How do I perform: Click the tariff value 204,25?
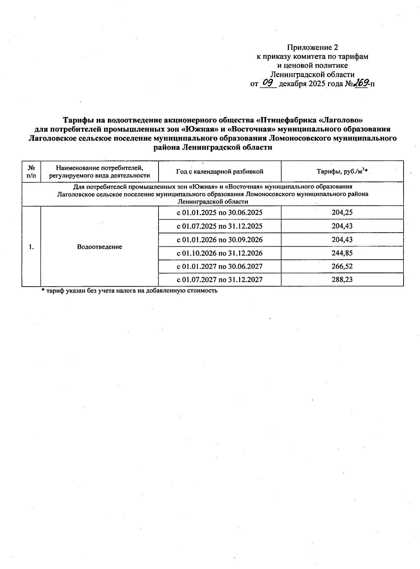tap(342, 213)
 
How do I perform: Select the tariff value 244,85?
tap(342, 253)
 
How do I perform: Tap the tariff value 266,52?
tap(342, 266)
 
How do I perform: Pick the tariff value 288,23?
tap(342, 280)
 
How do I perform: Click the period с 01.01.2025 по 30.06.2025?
tap(219, 213)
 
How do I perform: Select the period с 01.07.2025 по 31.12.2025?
tap(219, 226)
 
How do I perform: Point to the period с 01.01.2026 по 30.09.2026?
tap(219, 240)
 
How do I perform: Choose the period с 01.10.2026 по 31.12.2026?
tap(219, 253)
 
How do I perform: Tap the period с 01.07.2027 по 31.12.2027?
tap(219, 280)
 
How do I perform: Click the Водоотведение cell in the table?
tap(99, 247)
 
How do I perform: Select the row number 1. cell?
tap(31, 247)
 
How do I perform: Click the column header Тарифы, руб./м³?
tap(342, 171)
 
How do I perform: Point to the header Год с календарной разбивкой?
tap(219, 171)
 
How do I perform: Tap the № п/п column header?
tap(31, 171)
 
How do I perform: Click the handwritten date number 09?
tap(268, 83)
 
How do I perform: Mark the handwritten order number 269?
tap(360, 83)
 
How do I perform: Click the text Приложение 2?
tap(313, 47)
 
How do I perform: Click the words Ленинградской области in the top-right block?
tap(313, 74)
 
